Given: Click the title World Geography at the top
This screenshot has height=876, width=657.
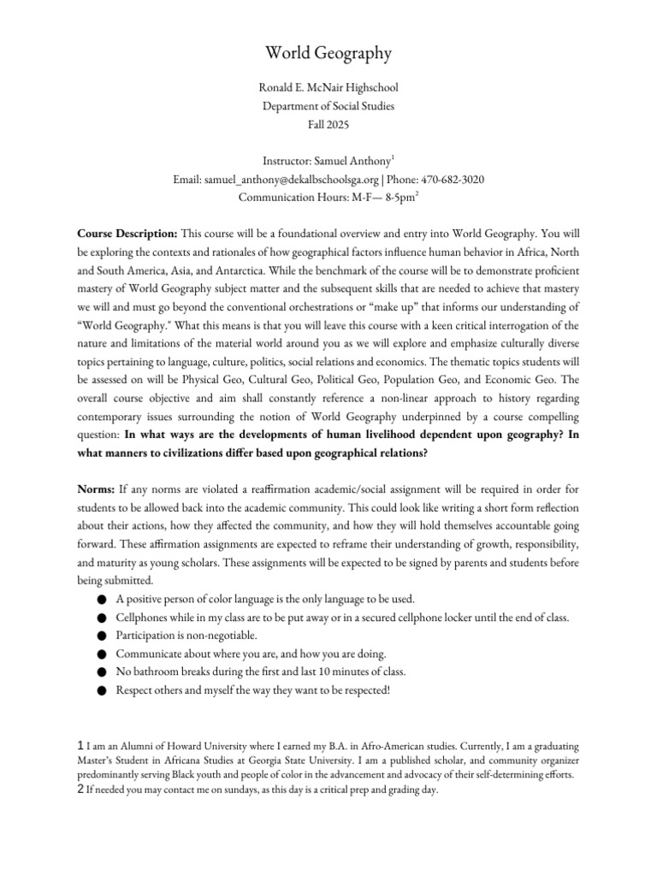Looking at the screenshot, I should [x=328, y=54].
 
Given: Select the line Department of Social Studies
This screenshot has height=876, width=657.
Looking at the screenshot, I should [x=328, y=105].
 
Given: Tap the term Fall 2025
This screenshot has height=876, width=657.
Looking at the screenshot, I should [x=328, y=124].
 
